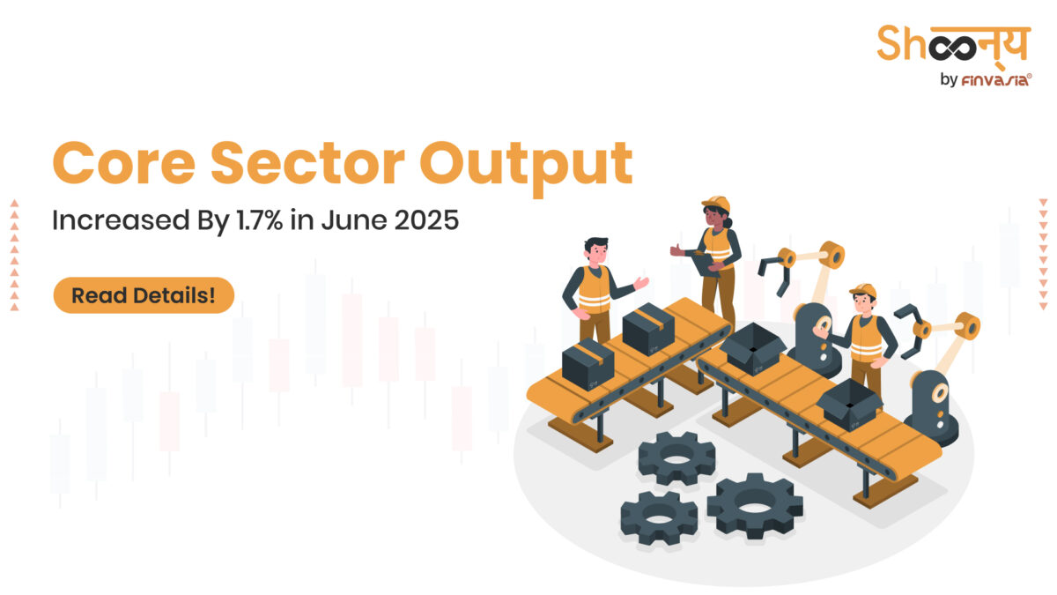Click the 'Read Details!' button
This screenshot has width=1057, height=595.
[x=144, y=295]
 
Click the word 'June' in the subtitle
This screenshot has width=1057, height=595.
[x=347, y=219]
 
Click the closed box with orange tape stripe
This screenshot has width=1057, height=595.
[x=647, y=327]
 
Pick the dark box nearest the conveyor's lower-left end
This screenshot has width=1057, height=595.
[x=588, y=363]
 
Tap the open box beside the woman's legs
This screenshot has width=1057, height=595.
[x=753, y=347]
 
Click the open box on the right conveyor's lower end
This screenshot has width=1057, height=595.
[x=849, y=405]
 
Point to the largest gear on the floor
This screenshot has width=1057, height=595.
[x=755, y=505]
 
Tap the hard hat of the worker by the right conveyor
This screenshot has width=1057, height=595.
[x=863, y=291]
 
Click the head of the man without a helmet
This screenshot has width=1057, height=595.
[x=595, y=251]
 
